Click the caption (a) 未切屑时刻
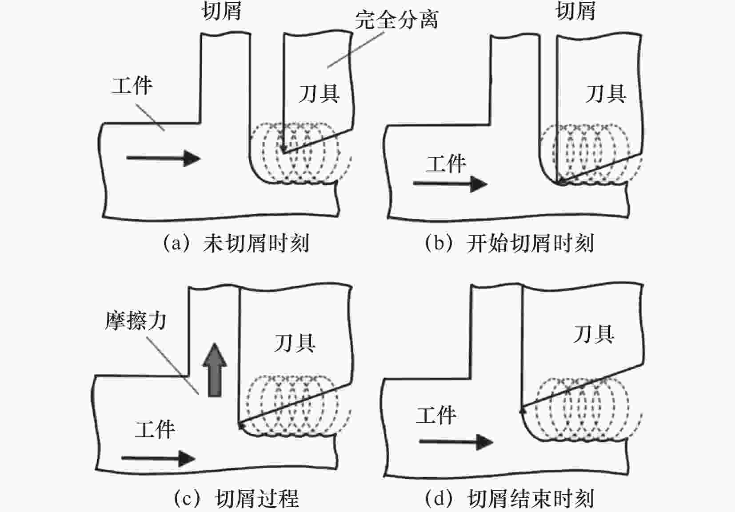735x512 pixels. click(236, 244)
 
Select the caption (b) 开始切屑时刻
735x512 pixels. click(509, 244)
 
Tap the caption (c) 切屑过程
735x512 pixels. click(236, 499)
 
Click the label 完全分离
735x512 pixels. click(396, 20)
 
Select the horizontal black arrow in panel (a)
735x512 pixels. click(163, 158)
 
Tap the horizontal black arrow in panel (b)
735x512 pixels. click(450, 183)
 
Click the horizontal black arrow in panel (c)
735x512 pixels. click(158, 458)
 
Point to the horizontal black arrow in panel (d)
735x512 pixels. click(456, 442)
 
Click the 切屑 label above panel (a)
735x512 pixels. click(222, 11)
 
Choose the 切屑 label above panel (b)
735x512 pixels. click(575, 11)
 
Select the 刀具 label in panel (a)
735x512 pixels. click(319, 94)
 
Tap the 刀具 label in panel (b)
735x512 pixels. click(606, 94)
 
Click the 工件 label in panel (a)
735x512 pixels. click(132, 85)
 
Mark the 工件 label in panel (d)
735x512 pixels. click(436, 416)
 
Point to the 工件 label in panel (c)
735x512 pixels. click(155, 430)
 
